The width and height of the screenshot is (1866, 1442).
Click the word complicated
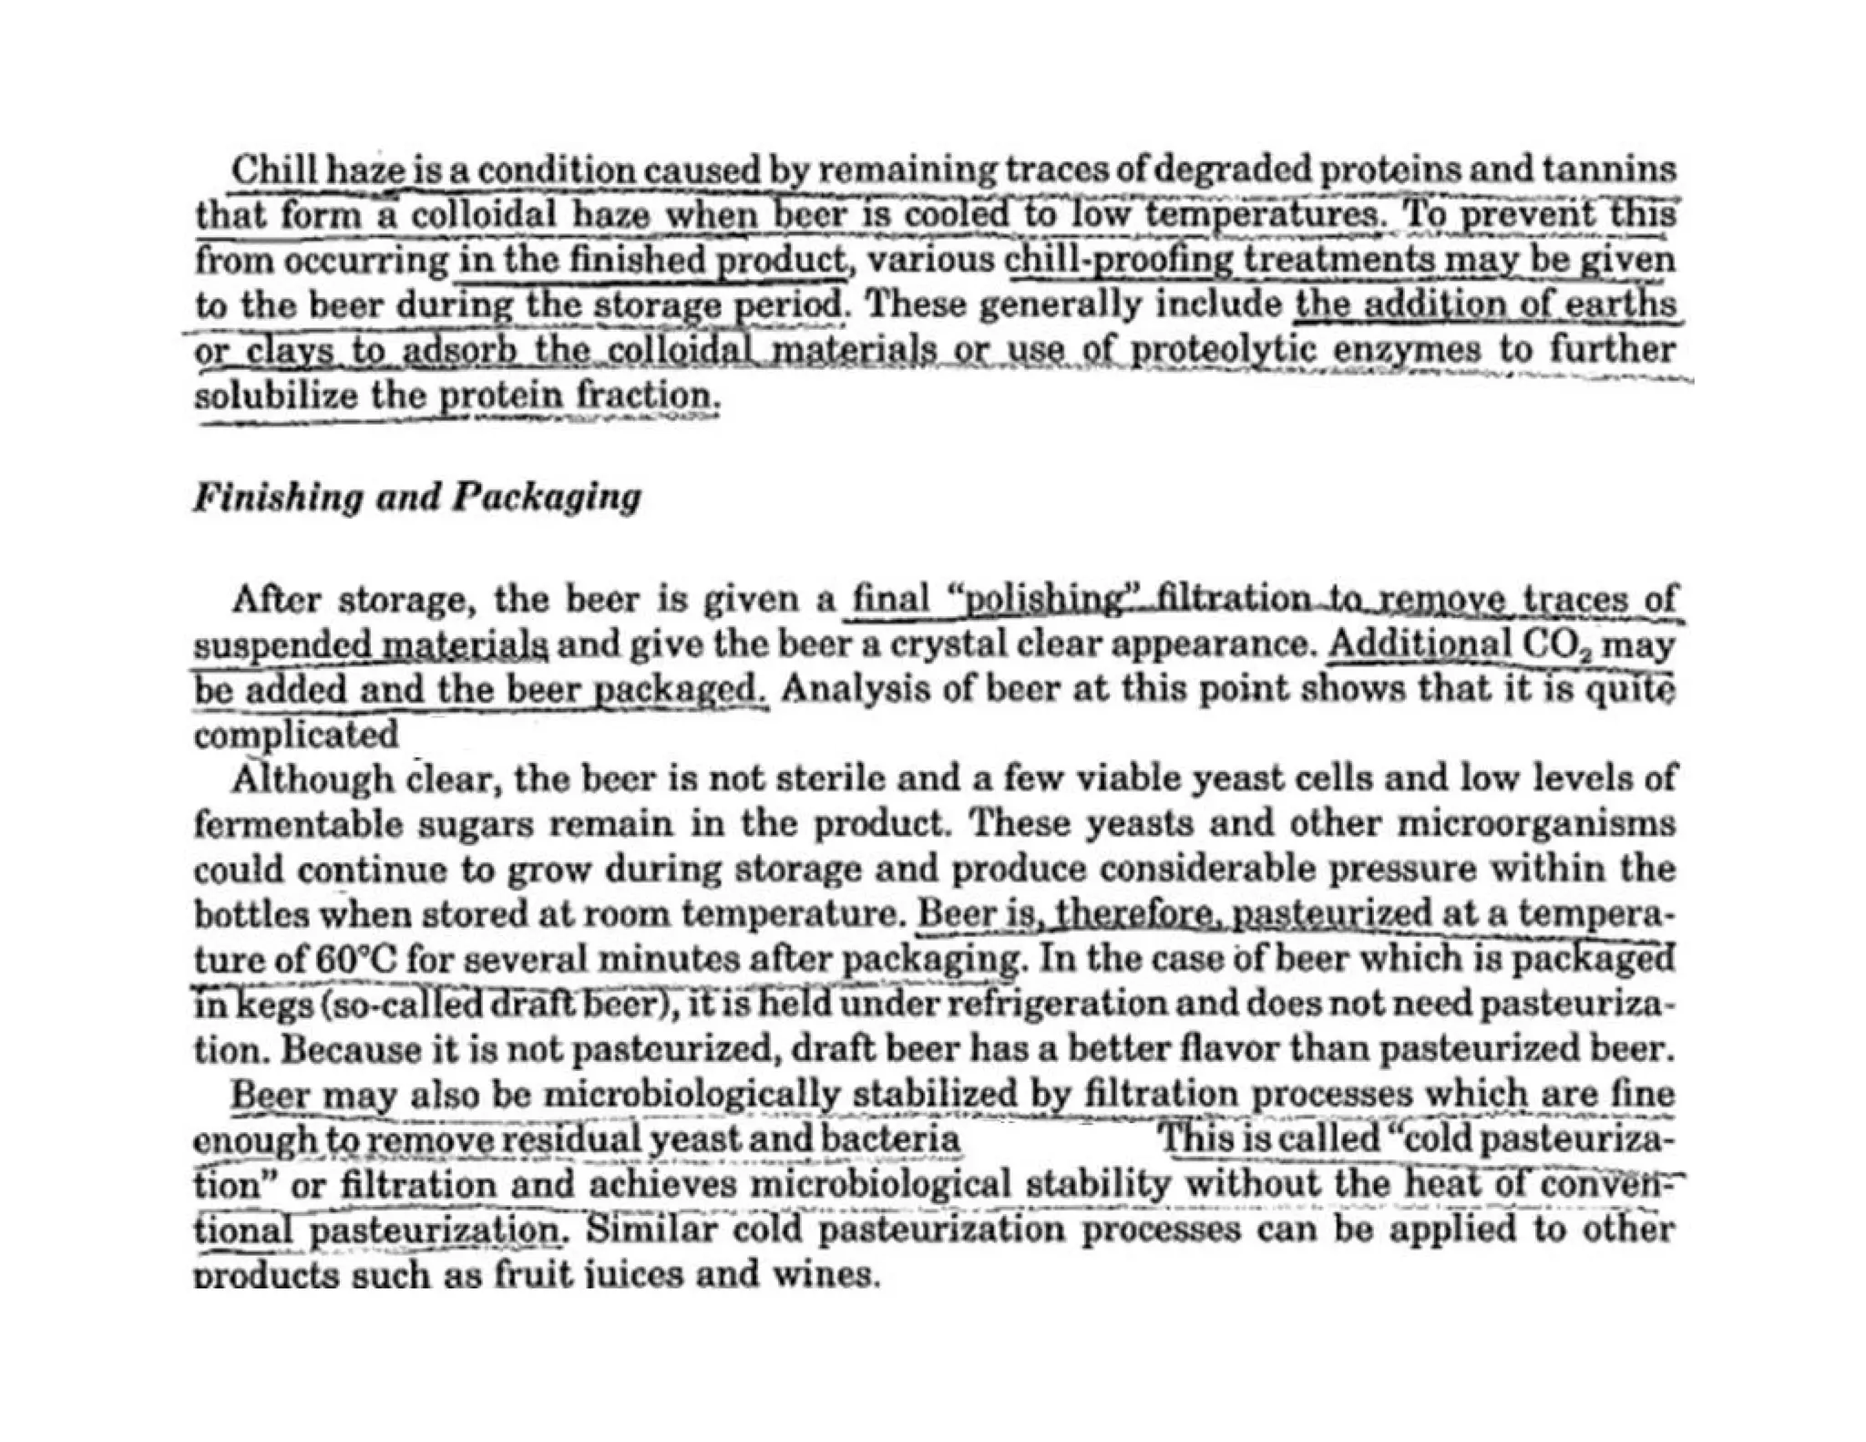pos(296,734)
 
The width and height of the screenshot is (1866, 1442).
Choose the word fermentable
pos(297,824)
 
